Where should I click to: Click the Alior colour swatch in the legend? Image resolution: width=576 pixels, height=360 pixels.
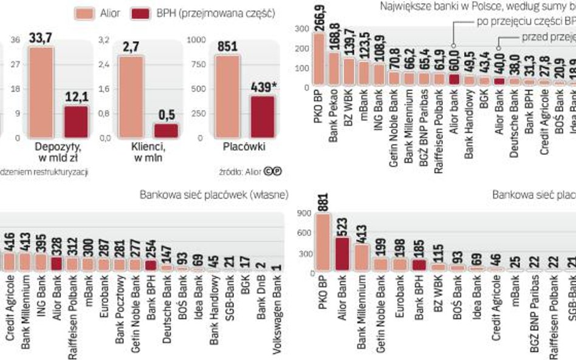[83, 12]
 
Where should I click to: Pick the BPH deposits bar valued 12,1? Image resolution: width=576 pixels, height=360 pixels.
[76, 121]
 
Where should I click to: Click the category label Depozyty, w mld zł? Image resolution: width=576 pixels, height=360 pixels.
[59, 152]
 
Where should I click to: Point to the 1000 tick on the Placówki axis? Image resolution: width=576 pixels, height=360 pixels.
[197, 40]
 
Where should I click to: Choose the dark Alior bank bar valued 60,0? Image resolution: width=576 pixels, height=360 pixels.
[454, 79]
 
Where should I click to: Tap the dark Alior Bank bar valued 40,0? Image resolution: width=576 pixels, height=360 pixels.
[499, 81]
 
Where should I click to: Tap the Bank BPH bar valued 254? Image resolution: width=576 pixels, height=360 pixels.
[151, 265]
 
